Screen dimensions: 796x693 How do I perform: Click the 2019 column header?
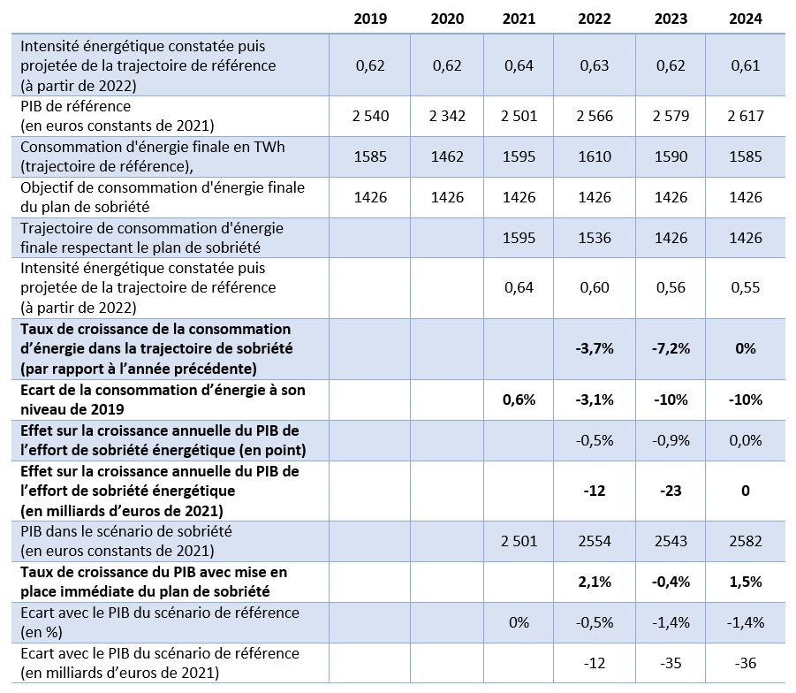[370, 19]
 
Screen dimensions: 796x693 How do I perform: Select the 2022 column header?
[594, 19]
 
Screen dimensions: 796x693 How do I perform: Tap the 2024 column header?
[746, 19]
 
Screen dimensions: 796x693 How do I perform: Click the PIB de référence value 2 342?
[447, 116]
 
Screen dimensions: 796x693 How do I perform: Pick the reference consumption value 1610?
[594, 156]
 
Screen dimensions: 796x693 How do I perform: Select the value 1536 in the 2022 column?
[594, 238]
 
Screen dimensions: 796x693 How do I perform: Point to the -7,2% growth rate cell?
[671, 348]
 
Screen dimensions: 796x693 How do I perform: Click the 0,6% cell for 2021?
[519, 400]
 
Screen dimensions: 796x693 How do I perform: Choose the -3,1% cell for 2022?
[594, 400]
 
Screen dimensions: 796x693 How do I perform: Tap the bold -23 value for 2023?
[671, 491]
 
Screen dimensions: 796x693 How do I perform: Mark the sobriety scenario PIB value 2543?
[671, 541]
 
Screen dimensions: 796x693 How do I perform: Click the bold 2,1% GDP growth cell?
[594, 582]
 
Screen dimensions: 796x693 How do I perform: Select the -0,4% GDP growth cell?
[671, 582]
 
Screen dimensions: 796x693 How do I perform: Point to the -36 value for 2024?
[746, 663]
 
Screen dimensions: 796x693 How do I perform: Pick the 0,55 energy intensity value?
[746, 287]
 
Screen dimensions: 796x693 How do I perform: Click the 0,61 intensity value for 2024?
[746, 65]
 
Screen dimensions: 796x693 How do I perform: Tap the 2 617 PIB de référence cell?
[746, 116]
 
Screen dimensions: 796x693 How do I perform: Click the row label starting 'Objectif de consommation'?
[163, 197]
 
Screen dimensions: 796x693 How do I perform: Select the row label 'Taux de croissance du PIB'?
[154, 582]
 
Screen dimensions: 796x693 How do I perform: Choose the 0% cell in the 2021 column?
[519, 622]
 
